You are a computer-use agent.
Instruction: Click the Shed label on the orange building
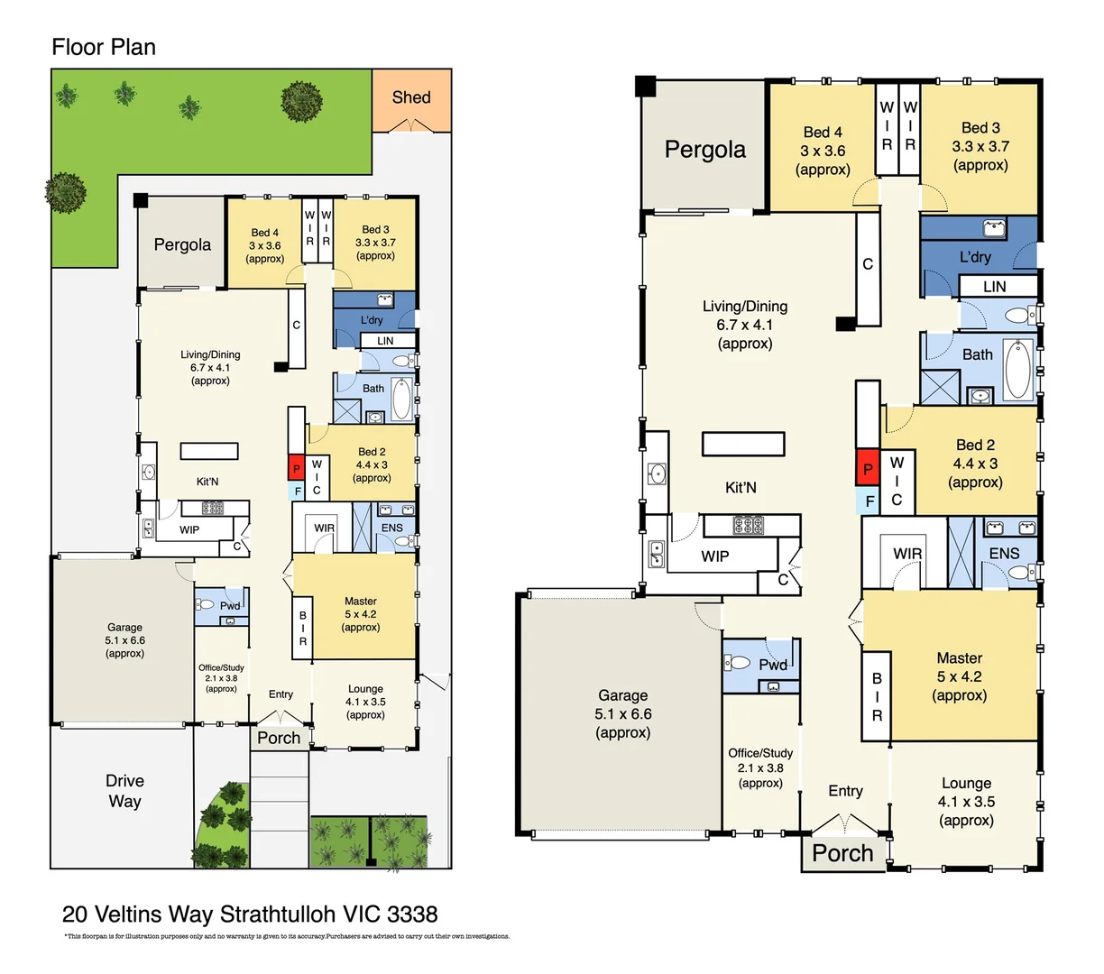[x=411, y=97]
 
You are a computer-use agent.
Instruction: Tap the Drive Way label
[x=124, y=791]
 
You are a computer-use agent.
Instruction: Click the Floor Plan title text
[x=104, y=47]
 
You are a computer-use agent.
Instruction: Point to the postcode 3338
[x=412, y=914]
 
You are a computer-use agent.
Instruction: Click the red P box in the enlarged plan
[x=868, y=468]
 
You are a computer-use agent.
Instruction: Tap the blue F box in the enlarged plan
[x=869, y=501]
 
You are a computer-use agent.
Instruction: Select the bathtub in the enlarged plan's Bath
[x=1017, y=369]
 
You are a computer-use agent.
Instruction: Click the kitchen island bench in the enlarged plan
[x=744, y=444]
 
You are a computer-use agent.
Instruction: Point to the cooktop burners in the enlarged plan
[x=748, y=525]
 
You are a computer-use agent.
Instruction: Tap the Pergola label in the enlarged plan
[x=705, y=150]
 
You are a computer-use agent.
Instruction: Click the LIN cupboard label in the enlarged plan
[x=994, y=287]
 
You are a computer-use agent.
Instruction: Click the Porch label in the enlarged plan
[x=842, y=853]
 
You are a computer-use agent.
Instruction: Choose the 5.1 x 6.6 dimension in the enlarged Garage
[x=622, y=714]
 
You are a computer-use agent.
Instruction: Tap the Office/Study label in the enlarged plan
[x=760, y=753]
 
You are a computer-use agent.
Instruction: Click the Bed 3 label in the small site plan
[x=375, y=230]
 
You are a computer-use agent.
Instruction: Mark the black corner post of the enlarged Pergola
[x=645, y=87]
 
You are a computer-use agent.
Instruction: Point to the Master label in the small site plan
[x=360, y=602]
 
